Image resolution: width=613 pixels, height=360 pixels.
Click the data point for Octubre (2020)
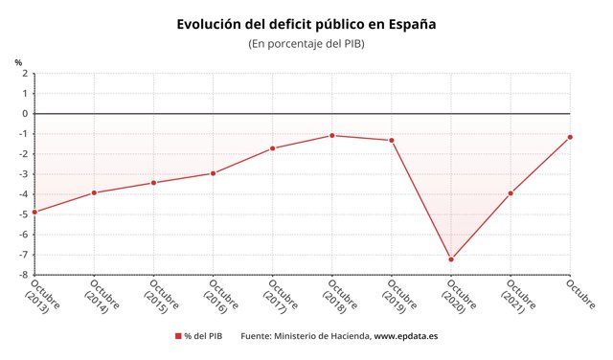pos(451,259)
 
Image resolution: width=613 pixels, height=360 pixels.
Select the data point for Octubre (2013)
pos(34,212)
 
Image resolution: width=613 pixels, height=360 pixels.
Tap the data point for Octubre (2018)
pos(332,135)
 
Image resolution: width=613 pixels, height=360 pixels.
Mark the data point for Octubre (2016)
pos(213,173)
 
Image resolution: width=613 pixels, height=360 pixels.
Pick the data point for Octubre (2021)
pos(511,192)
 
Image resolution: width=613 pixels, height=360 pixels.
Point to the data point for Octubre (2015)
pos(153,183)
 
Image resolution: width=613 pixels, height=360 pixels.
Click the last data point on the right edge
pos(570,137)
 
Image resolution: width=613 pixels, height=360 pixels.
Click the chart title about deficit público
pos(306,23)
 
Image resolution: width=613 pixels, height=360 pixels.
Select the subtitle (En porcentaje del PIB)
pos(306,44)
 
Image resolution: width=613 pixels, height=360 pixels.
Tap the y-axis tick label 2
pos(24,73)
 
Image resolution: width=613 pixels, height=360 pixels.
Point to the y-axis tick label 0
pos(24,113)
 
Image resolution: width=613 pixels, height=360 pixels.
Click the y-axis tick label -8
pos(22,275)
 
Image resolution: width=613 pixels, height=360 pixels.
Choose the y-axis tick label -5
pos(22,214)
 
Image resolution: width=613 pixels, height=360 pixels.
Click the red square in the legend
pos(178,336)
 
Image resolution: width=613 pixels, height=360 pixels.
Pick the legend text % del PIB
pos(203,336)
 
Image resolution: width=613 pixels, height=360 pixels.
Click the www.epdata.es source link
pos(406,336)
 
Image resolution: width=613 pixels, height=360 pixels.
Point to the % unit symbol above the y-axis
pos(18,63)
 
